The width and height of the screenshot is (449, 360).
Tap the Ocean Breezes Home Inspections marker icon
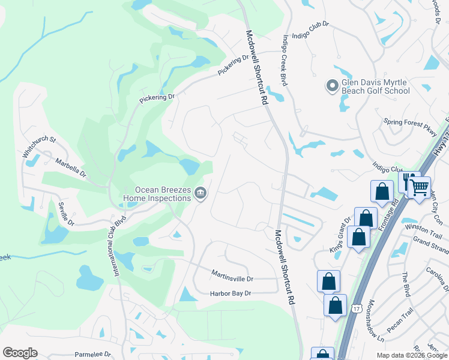coord(201,193)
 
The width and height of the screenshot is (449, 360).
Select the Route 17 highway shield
coord(353,307)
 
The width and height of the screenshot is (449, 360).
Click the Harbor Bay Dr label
coord(230,293)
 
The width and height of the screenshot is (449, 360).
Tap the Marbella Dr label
coord(71,169)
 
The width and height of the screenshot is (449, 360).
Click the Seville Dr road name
coord(65,214)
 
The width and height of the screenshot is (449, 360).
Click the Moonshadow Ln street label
coord(376,321)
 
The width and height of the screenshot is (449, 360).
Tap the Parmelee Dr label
coord(92,355)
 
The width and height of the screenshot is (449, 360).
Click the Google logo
coord(20,353)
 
